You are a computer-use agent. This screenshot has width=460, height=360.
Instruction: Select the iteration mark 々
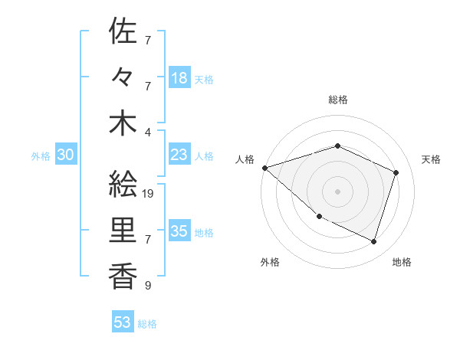[x=123, y=78]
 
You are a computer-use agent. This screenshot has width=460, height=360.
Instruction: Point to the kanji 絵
[x=123, y=184]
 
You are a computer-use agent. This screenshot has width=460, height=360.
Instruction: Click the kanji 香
[x=123, y=274]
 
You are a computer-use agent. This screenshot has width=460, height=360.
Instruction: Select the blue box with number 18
[x=179, y=78]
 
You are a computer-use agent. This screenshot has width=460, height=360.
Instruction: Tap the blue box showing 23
[x=179, y=155]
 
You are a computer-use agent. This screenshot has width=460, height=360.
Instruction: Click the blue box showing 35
[x=179, y=232]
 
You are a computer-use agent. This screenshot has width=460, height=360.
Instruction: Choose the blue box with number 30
[x=65, y=155]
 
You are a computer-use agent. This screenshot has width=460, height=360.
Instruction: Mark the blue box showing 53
[x=123, y=322]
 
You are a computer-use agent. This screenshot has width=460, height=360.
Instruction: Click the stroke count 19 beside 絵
[x=149, y=194]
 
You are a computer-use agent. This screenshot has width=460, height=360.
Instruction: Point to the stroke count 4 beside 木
[x=148, y=131]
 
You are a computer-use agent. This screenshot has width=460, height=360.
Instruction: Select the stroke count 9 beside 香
[x=148, y=286]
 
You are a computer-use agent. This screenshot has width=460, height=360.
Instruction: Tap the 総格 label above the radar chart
[x=337, y=100]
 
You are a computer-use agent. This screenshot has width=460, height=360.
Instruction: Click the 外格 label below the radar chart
[x=270, y=262]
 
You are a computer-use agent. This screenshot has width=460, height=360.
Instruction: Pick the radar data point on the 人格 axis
[x=264, y=167]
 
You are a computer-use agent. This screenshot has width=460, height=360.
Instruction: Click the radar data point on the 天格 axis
[x=396, y=172]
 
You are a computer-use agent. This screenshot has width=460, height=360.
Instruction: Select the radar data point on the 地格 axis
[x=374, y=242]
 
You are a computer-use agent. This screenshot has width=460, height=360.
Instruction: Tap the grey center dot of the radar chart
[x=337, y=191]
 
